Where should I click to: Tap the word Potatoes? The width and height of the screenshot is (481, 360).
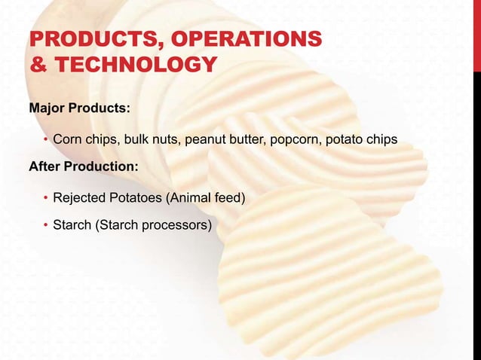(136, 198)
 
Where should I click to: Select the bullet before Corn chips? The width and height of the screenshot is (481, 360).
(45, 140)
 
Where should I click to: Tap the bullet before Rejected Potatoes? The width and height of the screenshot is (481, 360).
(45, 198)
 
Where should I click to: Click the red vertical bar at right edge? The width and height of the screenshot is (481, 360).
(476, 38)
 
